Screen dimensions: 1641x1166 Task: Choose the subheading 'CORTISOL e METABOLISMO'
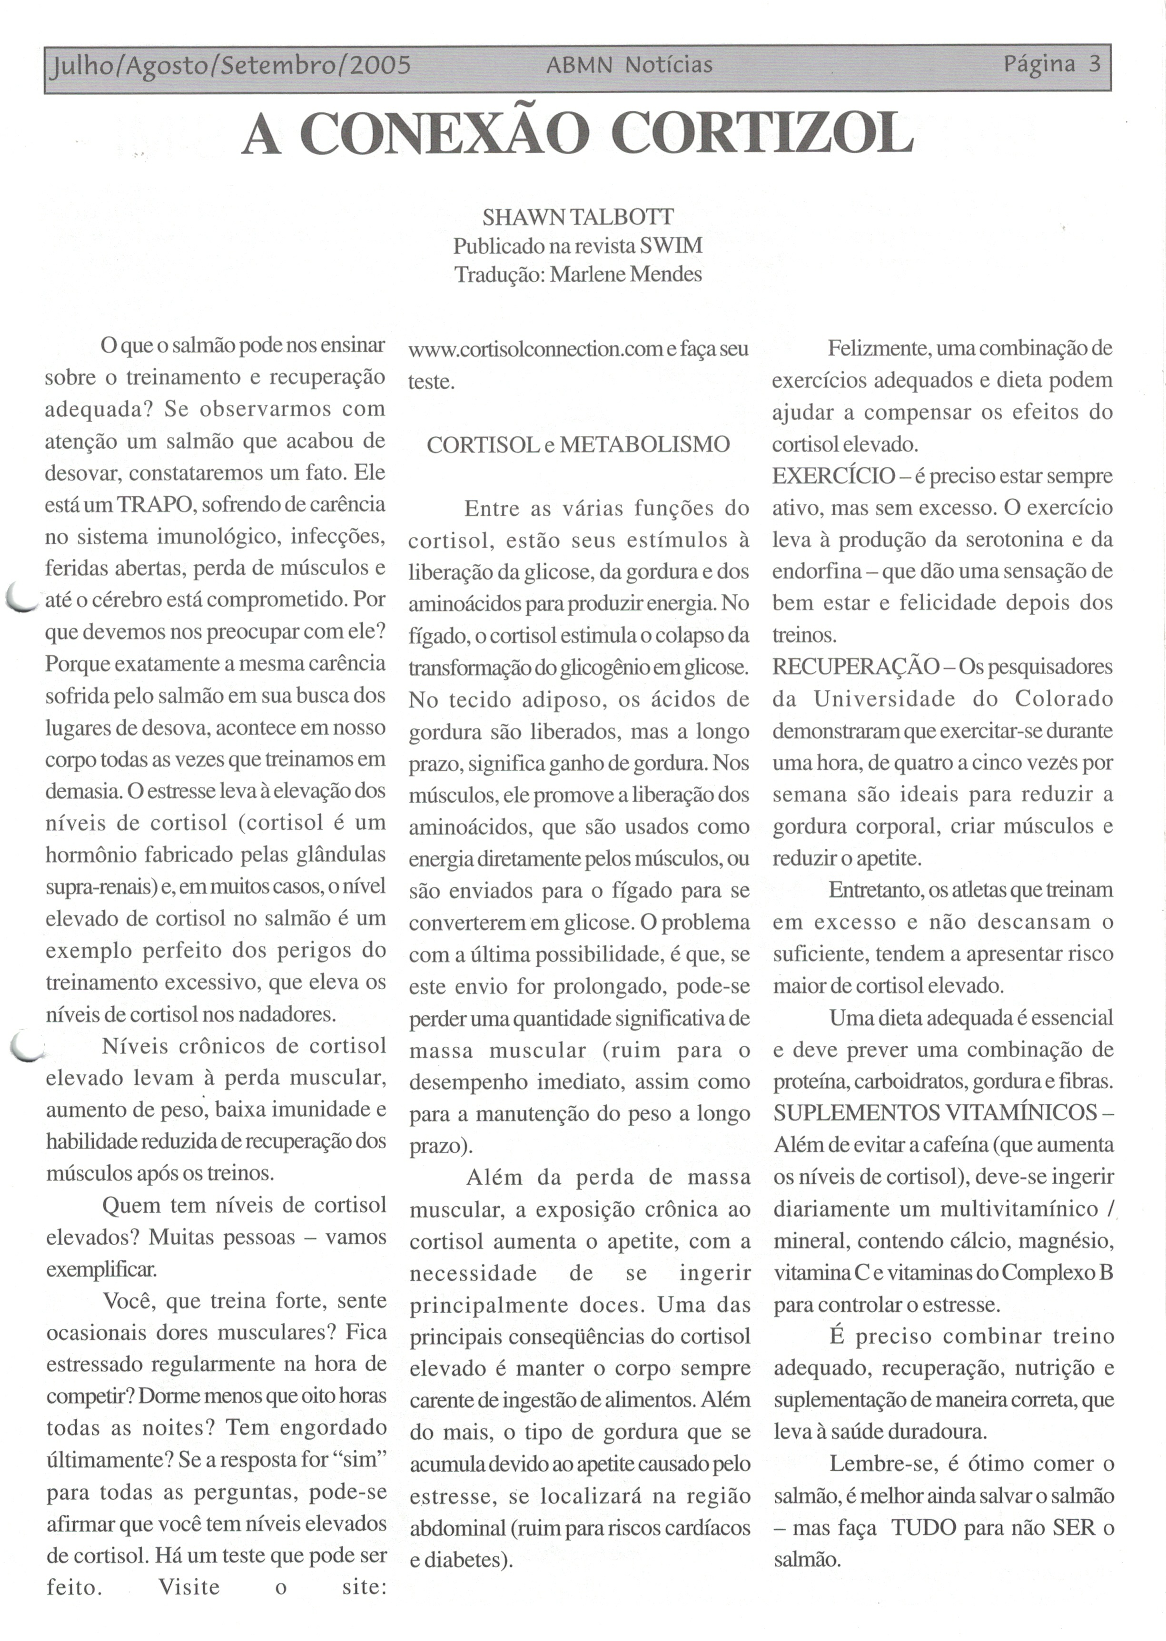coord(578,445)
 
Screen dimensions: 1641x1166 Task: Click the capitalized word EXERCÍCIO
coord(833,476)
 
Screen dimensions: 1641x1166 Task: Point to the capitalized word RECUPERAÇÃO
coord(856,667)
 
